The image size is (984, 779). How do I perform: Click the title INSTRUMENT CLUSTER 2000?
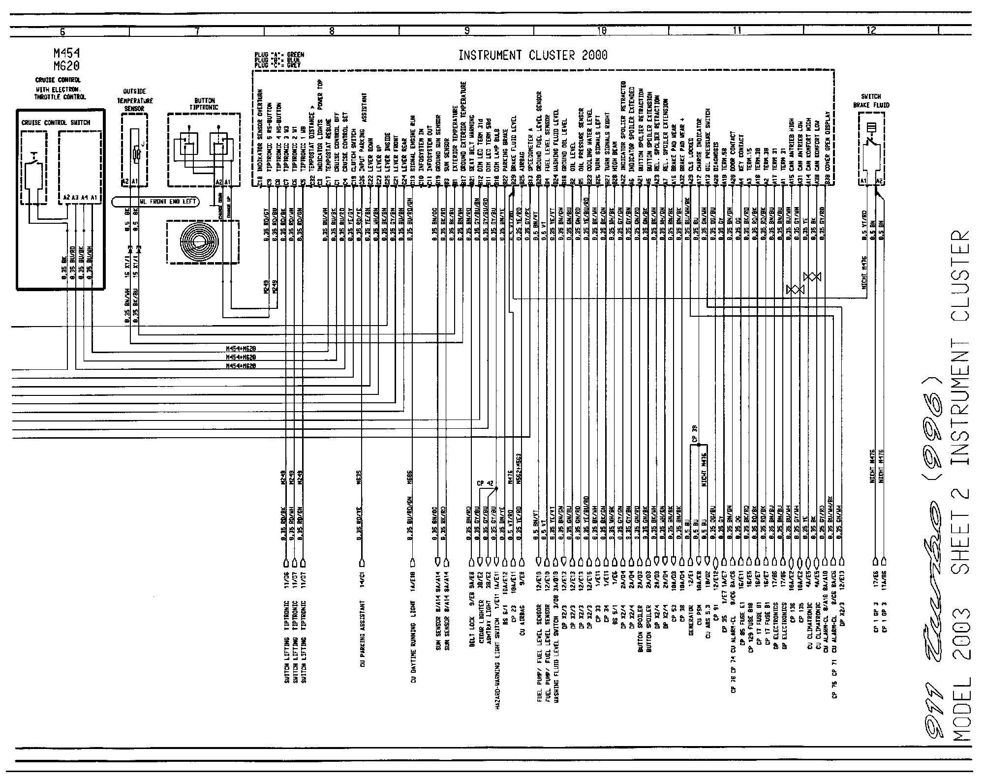[533, 55]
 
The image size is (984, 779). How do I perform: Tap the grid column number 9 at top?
[466, 31]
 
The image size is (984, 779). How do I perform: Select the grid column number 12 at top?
[871, 31]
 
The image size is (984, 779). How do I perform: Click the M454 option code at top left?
[67, 53]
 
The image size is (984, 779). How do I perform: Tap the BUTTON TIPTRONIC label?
[204, 104]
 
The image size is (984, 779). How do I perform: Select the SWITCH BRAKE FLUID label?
[871, 101]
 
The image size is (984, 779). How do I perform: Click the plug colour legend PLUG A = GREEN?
[278, 54]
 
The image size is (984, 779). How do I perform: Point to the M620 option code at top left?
[67, 65]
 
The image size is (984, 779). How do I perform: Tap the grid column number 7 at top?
[196, 31]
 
